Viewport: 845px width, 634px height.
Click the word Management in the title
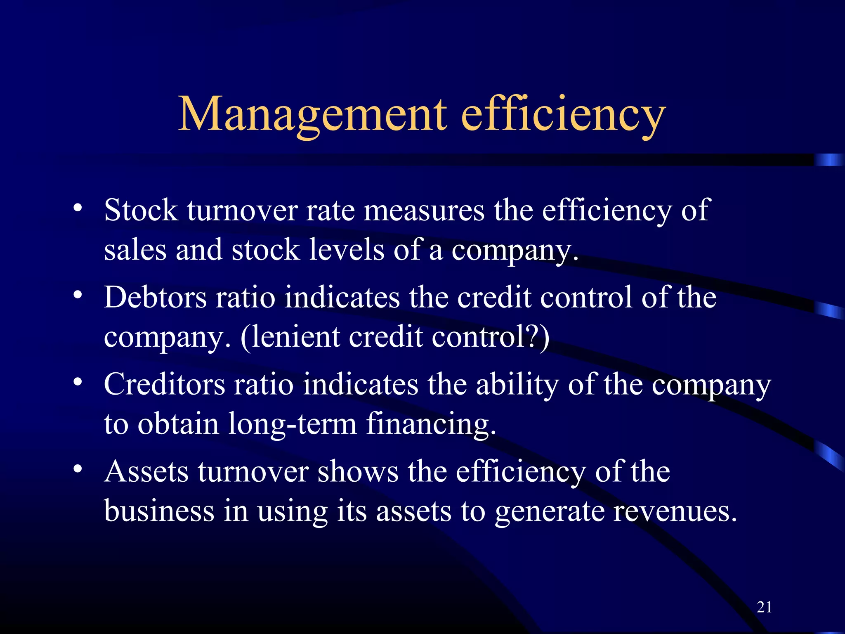[312, 115]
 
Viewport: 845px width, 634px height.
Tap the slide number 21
[764, 607]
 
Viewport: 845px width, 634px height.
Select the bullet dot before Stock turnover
[78, 208]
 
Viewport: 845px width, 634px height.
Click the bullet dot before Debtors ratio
[78, 295]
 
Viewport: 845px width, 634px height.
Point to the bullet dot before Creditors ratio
[78, 382]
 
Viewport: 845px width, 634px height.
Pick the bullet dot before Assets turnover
[78, 469]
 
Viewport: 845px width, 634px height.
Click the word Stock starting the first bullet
[141, 211]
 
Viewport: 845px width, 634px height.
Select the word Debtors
[155, 297]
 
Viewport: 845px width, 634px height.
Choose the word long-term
[292, 424]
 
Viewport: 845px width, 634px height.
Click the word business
[159, 511]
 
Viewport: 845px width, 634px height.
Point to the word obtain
[178, 424]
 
